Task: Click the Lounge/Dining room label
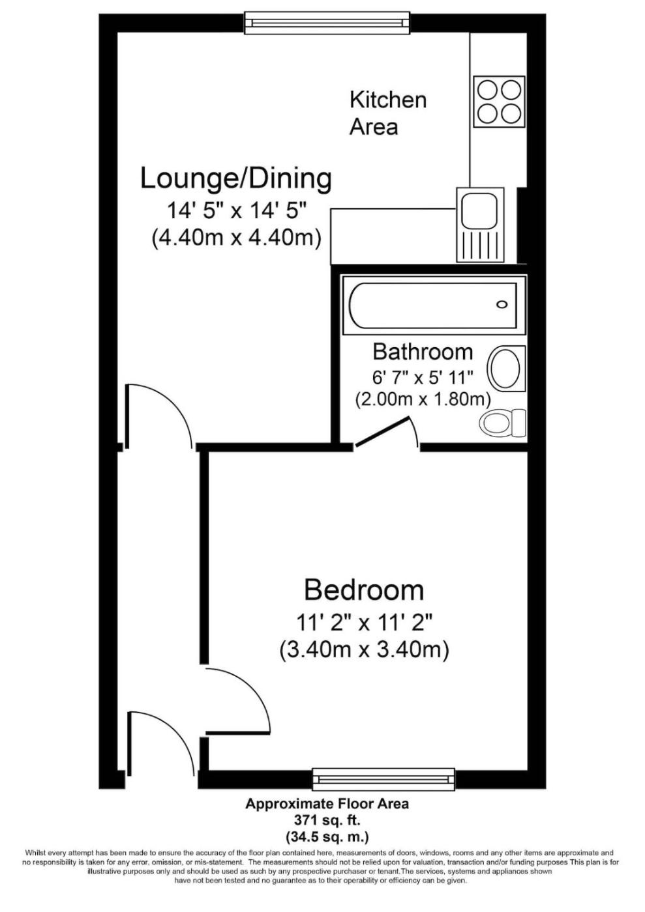pyautogui.click(x=235, y=178)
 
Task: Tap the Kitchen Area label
pyautogui.click(x=388, y=113)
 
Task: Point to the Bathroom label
pyautogui.click(x=423, y=352)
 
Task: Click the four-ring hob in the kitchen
pyautogui.click(x=499, y=102)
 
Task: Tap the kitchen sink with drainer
pyautogui.click(x=480, y=225)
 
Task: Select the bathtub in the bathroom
pyautogui.click(x=434, y=306)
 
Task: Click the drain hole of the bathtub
pyautogui.click(x=502, y=304)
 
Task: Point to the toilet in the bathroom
pyautogui.click(x=503, y=424)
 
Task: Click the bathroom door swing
pyautogui.click(x=387, y=433)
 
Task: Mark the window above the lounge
pyautogui.click(x=327, y=23)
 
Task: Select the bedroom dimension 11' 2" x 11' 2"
pyautogui.click(x=364, y=623)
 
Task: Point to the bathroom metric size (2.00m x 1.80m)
pyautogui.click(x=423, y=399)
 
